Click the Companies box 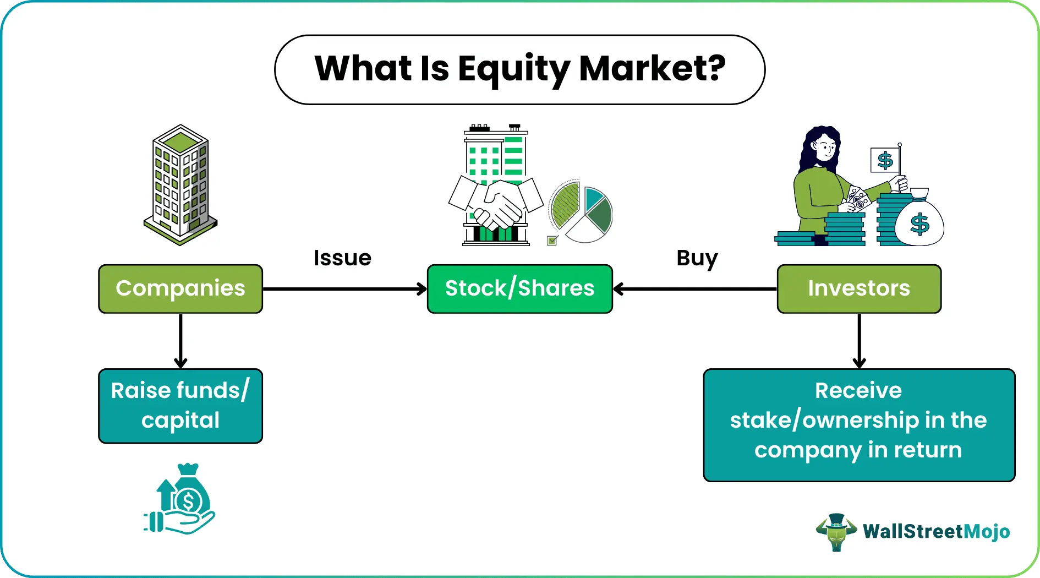pos(180,288)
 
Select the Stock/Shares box pos(519,288)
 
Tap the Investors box pos(859,288)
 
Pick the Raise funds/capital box pos(180,406)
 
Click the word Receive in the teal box pos(858,390)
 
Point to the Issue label pos(342,258)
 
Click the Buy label pos(697,258)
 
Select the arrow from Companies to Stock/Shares pos(344,288)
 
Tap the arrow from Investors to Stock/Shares pos(694,288)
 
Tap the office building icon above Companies pos(180,184)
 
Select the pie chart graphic pos(581,211)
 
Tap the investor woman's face pos(825,148)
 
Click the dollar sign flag pos(885,160)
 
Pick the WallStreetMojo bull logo pos(836,532)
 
